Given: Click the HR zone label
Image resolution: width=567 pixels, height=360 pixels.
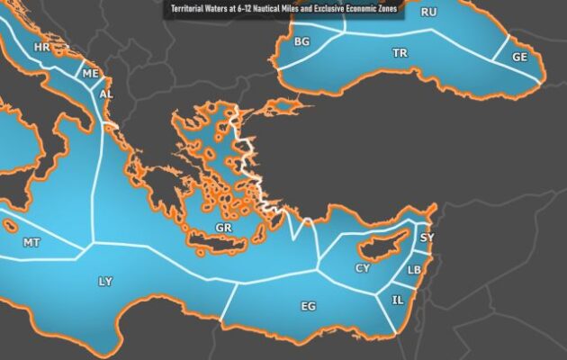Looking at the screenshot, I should [x=40, y=46].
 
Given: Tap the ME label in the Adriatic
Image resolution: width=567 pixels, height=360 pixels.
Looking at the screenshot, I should [x=90, y=74].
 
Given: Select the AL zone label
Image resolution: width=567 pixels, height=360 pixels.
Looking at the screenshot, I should [x=106, y=94].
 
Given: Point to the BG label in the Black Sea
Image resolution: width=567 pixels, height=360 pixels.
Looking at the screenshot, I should [x=301, y=41].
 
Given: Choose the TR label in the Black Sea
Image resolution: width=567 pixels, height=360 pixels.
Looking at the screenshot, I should [x=400, y=53].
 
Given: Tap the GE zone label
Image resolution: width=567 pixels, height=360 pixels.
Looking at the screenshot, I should [x=520, y=56].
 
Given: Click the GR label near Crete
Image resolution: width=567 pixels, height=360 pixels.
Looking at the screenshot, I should [x=224, y=229].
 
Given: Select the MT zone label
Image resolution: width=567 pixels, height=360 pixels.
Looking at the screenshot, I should [x=31, y=243].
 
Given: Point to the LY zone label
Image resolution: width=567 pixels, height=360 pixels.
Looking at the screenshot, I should [x=105, y=282].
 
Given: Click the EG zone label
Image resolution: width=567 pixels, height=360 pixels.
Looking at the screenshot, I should [x=308, y=307].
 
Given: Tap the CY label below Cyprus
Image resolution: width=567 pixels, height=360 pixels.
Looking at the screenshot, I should [x=363, y=268].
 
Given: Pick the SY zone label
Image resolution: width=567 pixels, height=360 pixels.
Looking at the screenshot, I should [x=427, y=238].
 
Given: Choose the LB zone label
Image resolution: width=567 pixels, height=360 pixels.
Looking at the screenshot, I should [x=414, y=270].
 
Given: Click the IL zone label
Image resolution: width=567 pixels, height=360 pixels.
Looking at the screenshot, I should [x=398, y=300].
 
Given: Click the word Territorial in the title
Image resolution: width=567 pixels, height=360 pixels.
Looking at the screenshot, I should [x=191, y=12].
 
